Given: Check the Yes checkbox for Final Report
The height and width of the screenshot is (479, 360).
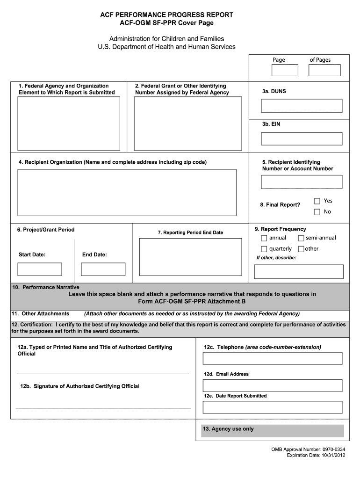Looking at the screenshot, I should click(x=317, y=201).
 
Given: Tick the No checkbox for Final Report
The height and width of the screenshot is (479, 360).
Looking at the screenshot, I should click(x=317, y=212).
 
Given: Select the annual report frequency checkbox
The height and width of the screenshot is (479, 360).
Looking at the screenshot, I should click(x=264, y=238).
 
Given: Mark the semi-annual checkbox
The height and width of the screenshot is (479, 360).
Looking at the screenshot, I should click(x=301, y=238).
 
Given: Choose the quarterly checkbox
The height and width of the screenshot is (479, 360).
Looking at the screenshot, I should click(x=264, y=249).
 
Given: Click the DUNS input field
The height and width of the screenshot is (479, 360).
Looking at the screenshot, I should click(x=302, y=106).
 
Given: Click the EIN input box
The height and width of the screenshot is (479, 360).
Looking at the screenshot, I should click(x=302, y=139).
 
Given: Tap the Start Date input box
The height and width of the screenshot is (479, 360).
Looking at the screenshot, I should click(x=40, y=269).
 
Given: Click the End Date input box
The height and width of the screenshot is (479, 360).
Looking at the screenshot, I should click(x=103, y=269).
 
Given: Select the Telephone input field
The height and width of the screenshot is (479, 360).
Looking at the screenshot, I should click(x=273, y=358).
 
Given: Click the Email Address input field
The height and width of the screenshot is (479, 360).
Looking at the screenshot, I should click(x=273, y=385).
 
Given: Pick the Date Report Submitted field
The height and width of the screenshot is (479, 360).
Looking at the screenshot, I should click(x=273, y=407).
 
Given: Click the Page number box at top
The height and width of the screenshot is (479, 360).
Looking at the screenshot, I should click(x=285, y=70).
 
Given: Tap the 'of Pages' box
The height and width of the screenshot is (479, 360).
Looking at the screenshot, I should click(x=324, y=70).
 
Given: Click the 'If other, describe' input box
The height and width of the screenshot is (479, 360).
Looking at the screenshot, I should click(x=299, y=272).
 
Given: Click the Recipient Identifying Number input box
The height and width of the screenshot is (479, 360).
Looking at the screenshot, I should click(x=302, y=182).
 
